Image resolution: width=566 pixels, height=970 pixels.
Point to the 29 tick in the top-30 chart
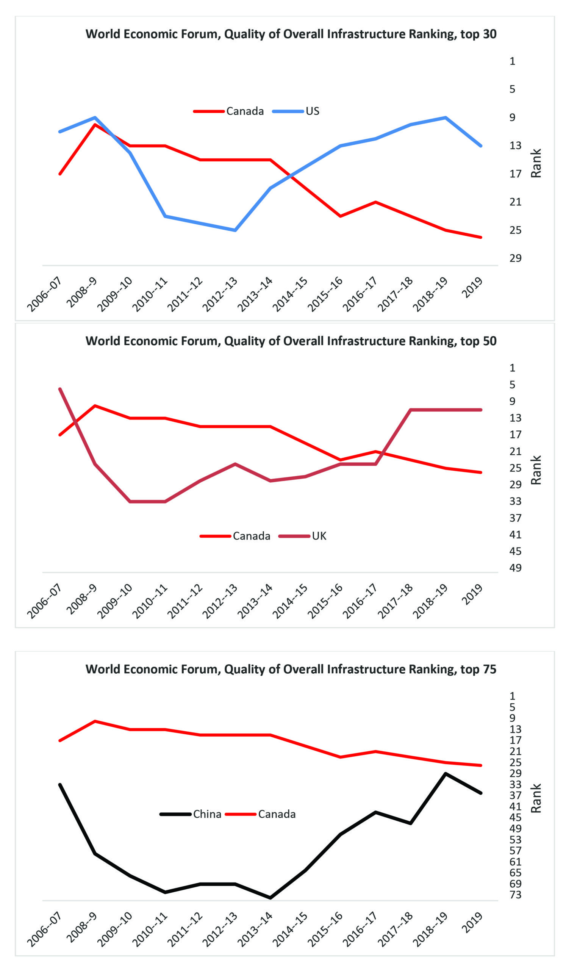point(515,258)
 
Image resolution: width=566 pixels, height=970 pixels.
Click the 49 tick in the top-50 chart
point(515,568)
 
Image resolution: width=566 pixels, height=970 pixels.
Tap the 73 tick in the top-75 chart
point(515,895)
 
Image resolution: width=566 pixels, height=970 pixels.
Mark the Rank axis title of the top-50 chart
point(536,470)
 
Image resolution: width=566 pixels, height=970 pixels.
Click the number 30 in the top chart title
point(489,34)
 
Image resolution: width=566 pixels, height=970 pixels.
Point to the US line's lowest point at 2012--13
point(235,230)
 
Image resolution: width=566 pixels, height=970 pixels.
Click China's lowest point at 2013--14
point(270,898)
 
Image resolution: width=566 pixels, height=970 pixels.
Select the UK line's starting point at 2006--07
point(59,389)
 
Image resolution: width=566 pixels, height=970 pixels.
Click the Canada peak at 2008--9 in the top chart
point(95,124)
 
